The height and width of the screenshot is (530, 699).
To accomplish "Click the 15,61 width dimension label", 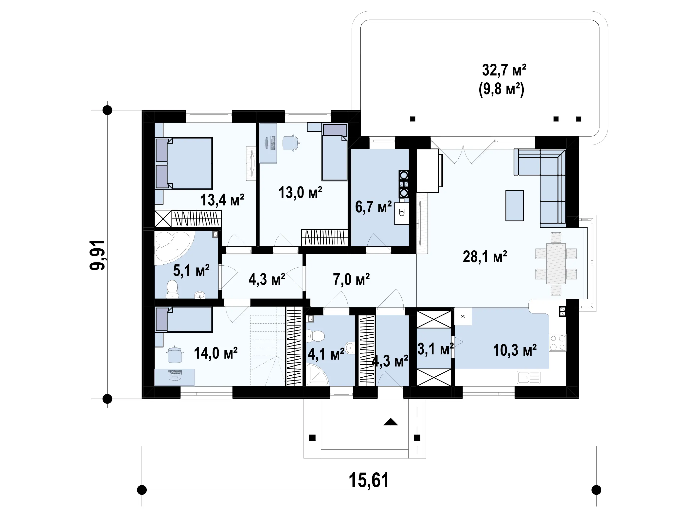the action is pyautogui.click(x=369, y=480).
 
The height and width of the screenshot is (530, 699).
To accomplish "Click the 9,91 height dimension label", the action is pyautogui.click(x=98, y=255).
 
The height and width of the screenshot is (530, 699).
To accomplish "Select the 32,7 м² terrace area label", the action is pyautogui.click(x=504, y=70).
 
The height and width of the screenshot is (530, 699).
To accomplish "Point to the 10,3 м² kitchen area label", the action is pyautogui.click(x=515, y=350).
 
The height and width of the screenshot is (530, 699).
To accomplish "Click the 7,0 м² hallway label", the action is pyautogui.click(x=351, y=279).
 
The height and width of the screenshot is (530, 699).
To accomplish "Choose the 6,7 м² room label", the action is pyautogui.click(x=374, y=207).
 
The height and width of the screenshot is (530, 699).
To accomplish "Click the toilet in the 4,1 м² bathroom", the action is pyautogui.click(x=315, y=336).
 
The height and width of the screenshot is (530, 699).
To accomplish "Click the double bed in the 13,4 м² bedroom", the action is pyautogui.click(x=184, y=164).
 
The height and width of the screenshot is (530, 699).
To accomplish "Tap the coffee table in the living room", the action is pyautogui.click(x=515, y=205).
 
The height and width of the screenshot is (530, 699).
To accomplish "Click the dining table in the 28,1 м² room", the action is pyautogui.click(x=556, y=264).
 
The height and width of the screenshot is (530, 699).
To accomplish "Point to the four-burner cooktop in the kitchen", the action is pyautogui.click(x=558, y=343).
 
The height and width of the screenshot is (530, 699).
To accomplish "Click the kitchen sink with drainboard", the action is pyautogui.click(x=529, y=377).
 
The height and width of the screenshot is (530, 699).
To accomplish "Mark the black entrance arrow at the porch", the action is pyautogui.click(x=391, y=422).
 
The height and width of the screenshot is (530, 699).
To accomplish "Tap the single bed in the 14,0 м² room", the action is pyautogui.click(x=184, y=320).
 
